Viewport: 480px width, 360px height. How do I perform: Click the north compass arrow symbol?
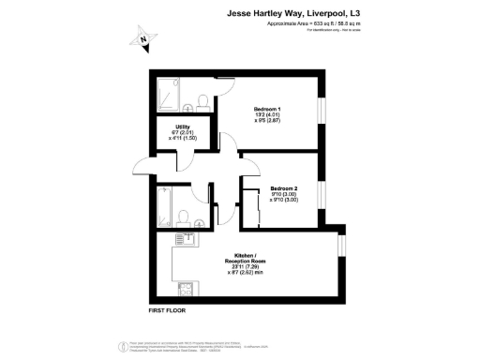click(142, 38)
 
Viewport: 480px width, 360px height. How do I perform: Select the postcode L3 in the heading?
click(352, 13)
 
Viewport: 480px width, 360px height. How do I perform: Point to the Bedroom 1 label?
click(267, 109)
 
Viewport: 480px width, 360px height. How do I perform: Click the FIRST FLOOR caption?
click(168, 309)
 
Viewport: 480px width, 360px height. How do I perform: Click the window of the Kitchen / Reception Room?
click(341, 244)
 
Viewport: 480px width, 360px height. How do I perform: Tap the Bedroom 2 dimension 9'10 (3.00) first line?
click(282, 195)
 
